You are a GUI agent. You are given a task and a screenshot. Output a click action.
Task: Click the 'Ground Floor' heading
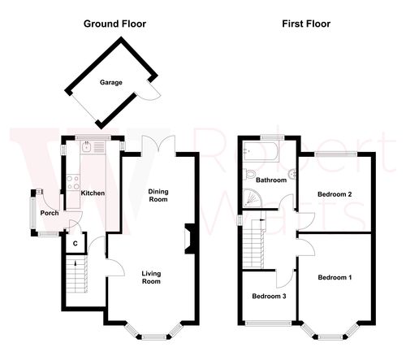115,24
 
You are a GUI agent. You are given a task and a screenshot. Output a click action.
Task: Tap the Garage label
110,83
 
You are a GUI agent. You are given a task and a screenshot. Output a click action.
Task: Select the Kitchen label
93,193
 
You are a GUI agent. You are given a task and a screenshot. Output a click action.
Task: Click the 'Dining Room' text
158,196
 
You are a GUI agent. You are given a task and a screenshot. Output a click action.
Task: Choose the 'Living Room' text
151,277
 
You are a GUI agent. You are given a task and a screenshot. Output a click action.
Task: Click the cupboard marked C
76,243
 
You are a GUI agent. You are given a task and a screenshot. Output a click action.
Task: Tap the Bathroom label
271,180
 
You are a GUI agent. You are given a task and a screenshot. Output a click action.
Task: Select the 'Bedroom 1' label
335,278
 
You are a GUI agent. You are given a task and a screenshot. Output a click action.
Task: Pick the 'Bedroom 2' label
334,194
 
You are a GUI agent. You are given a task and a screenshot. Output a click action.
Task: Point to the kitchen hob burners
71,184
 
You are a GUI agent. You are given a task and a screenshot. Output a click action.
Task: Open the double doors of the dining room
152,145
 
